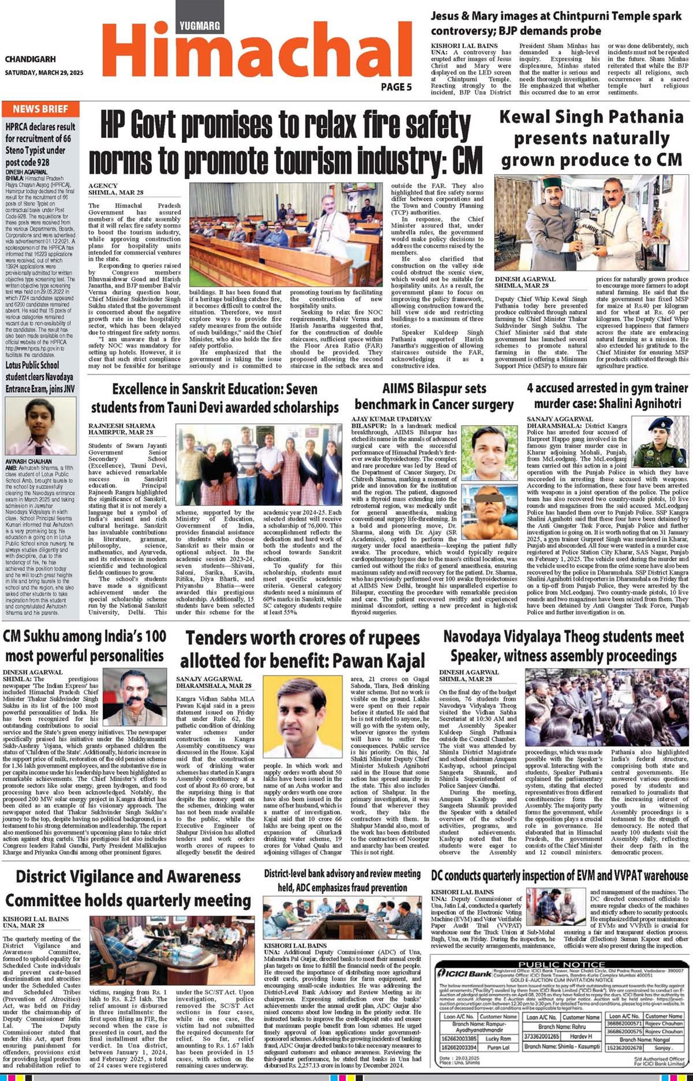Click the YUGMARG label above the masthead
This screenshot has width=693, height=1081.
click(200, 25)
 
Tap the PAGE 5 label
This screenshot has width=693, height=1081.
click(396, 87)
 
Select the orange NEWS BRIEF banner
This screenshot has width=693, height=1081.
click(40, 109)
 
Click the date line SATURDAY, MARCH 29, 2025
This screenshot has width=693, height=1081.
click(44, 73)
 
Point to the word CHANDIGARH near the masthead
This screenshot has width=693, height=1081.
click(30, 59)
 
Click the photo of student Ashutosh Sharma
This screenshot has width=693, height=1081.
click(40, 426)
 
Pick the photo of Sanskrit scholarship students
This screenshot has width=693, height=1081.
click(259, 464)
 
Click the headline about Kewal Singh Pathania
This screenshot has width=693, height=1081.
click(591, 138)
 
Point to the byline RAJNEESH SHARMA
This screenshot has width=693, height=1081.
click(121, 425)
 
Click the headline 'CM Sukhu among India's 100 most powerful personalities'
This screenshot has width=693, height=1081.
click(85, 646)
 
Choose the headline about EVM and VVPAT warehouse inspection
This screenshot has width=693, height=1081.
click(559, 876)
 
